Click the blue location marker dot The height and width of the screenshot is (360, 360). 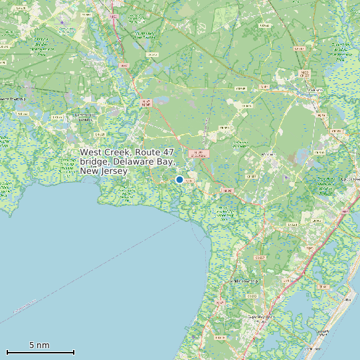[x=179, y=179]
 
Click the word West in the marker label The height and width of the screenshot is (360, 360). [x=91, y=152]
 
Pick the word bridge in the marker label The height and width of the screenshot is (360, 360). [x=94, y=161]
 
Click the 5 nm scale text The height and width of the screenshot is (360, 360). [x=39, y=345]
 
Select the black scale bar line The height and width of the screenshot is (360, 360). [x=40, y=352]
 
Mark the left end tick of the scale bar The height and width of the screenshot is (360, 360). [x=7, y=351]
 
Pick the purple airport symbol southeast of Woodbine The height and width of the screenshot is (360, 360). [x=287, y=178]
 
